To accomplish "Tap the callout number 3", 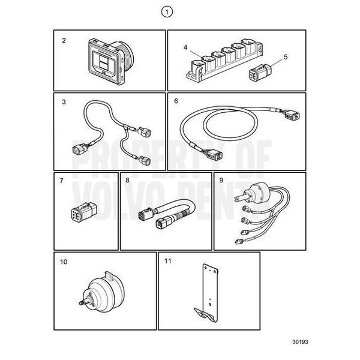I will tap(63, 102).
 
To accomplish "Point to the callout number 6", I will tap(176, 102).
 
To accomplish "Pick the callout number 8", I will tap(127, 180).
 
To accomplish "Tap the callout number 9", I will tap(221, 180).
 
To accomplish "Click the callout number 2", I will tap(63, 41).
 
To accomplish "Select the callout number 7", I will tap(62, 180).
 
